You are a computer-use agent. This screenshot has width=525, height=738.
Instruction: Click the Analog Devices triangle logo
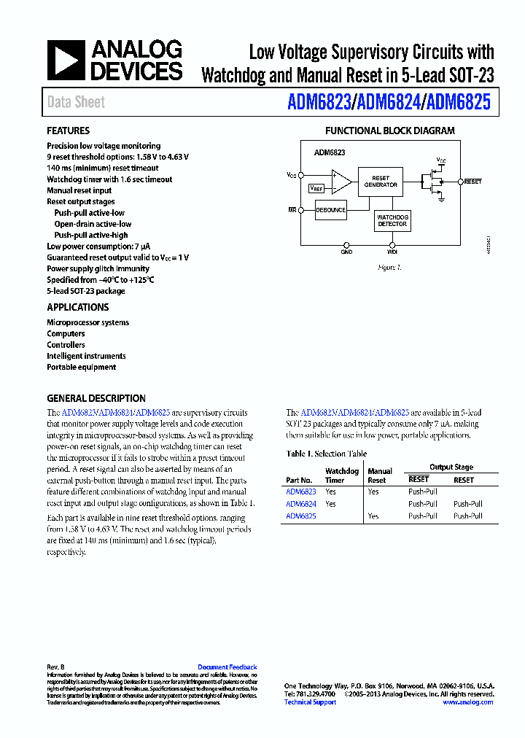click(x=66, y=61)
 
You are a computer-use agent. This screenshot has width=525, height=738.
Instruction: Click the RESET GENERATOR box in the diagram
click(x=381, y=182)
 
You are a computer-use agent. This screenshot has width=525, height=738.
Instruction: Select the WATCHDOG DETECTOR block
click(x=392, y=220)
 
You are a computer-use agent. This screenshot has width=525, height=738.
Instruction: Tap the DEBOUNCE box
click(x=331, y=210)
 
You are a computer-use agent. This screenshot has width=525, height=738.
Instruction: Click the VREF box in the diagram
click(x=316, y=188)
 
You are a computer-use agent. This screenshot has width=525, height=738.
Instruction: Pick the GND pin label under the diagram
click(x=346, y=252)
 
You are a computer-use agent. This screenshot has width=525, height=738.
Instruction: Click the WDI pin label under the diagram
click(x=392, y=252)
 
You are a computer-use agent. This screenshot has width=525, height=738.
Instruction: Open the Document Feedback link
click(x=227, y=667)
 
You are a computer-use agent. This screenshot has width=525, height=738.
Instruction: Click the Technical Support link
click(x=310, y=702)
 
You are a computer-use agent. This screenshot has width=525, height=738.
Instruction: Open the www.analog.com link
click(x=467, y=702)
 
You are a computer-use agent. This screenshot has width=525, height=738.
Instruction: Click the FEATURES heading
click(x=69, y=131)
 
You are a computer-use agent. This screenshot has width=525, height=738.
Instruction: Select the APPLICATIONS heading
click(x=78, y=308)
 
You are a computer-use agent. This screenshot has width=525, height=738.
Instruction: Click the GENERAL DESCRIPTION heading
click(x=96, y=399)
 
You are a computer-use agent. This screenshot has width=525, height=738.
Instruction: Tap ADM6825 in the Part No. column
click(x=301, y=516)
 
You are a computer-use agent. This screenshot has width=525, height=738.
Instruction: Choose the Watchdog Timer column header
click(x=341, y=475)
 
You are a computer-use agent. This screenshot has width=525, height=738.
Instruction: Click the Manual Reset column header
click(x=379, y=475)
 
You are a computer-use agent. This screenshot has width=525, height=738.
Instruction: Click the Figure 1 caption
click(x=389, y=268)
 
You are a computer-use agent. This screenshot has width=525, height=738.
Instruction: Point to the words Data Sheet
click(x=76, y=103)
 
